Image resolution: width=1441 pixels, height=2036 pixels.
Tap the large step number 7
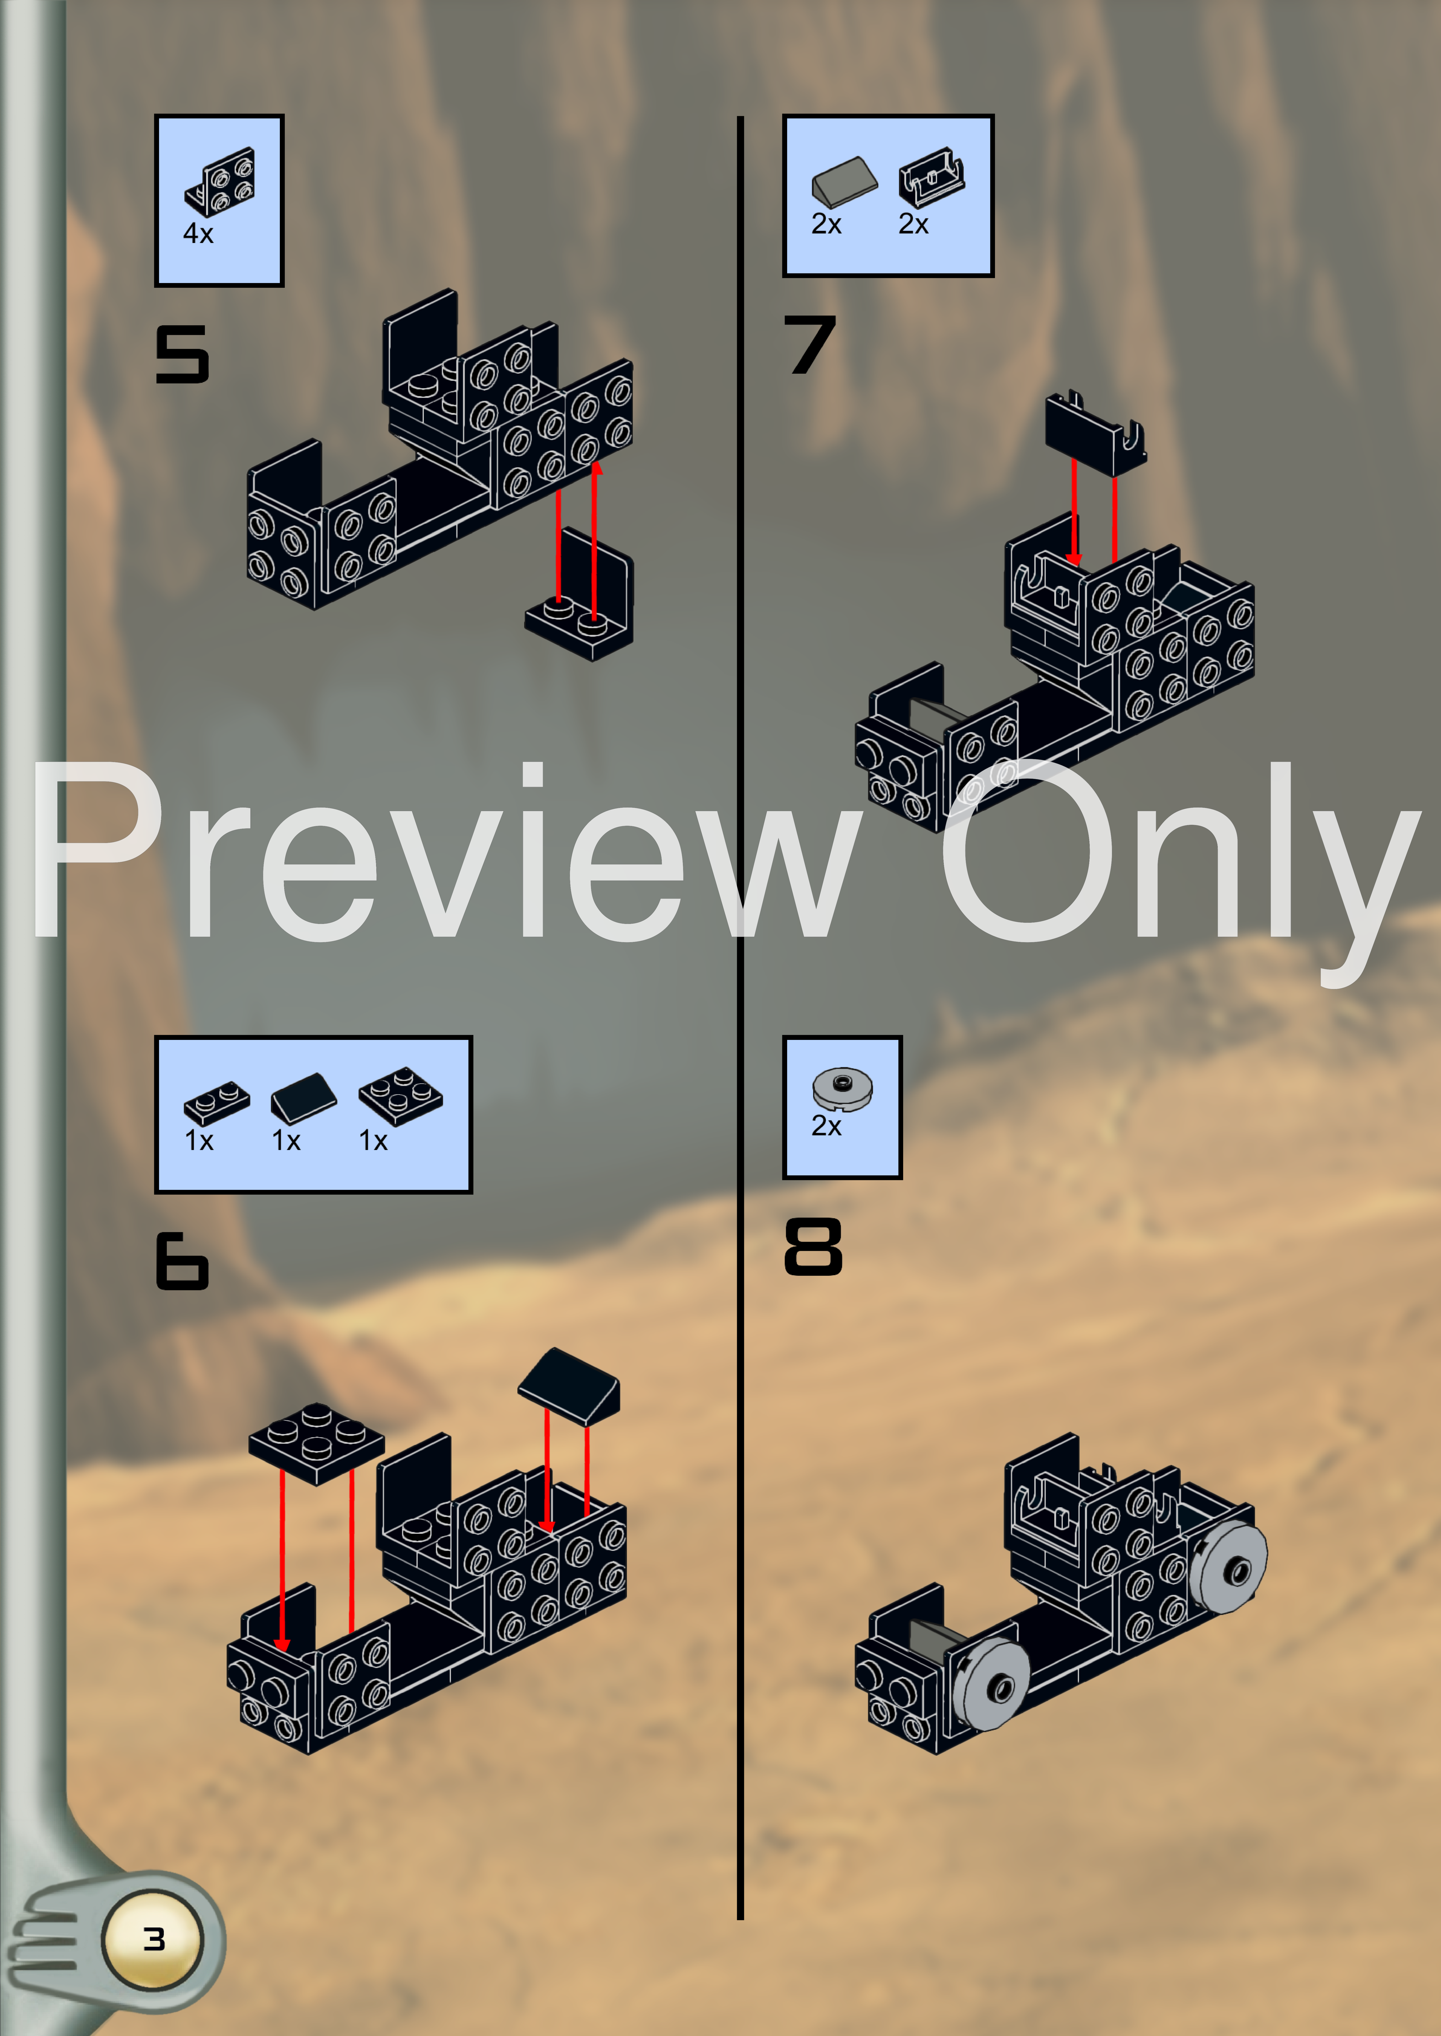(809, 344)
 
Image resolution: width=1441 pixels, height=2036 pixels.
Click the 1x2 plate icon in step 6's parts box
(217, 1103)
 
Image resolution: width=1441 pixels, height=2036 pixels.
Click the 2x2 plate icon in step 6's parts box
(400, 1095)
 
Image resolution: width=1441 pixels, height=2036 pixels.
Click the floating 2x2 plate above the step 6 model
(316, 1442)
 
